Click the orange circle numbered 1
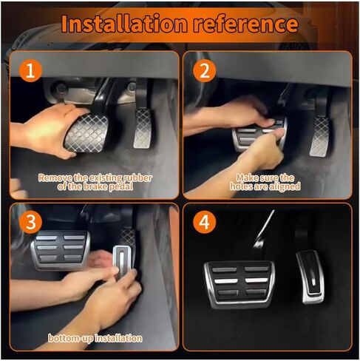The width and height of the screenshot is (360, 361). [30, 70]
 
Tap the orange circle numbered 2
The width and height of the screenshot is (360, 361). [204, 70]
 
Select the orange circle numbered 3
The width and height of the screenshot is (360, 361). [30, 222]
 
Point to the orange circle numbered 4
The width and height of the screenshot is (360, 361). [204, 222]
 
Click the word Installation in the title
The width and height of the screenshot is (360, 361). [124, 24]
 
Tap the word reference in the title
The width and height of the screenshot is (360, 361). [245, 24]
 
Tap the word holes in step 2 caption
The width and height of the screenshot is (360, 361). [241, 186]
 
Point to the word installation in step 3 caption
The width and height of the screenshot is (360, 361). [118, 338]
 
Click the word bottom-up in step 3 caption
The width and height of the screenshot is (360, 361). [71, 338]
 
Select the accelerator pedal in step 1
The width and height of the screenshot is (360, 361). [143, 129]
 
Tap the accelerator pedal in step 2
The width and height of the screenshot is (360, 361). [320, 136]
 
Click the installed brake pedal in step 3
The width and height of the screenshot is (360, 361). [61, 250]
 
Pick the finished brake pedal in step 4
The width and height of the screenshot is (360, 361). [239, 284]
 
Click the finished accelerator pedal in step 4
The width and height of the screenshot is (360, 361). [310, 277]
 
